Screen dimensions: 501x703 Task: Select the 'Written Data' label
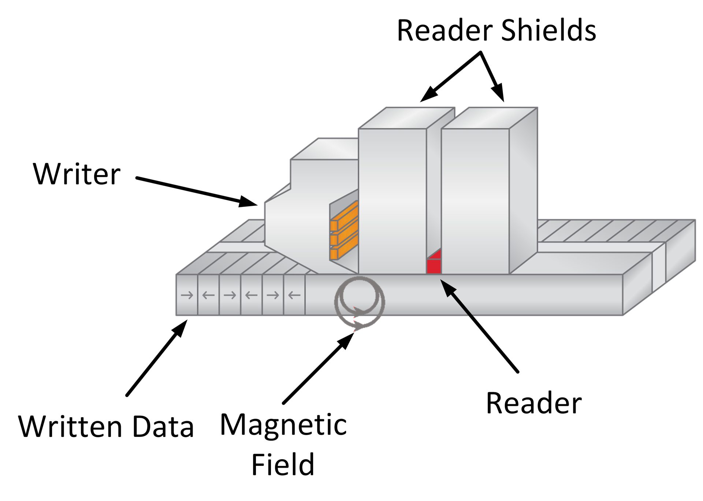(106, 427)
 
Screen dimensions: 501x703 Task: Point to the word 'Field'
(283, 464)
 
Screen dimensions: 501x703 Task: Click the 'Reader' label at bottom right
(533, 403)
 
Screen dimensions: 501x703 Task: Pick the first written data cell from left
(187, 295)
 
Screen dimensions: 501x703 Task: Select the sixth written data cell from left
(294, 295)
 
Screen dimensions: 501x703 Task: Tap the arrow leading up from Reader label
(480, 326)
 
